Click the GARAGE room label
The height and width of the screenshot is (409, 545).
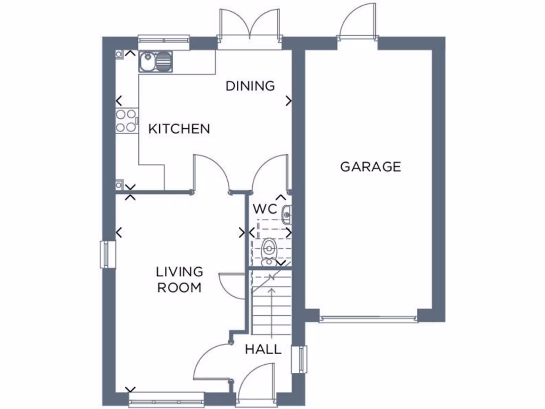(370, 167)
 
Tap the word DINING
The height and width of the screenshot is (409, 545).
(250, 86)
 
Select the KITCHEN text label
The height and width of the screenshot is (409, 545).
(179, 129)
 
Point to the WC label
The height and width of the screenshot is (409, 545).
(265, 209)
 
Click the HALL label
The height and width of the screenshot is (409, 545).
(263, 350)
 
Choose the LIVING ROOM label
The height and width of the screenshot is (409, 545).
(179, 280)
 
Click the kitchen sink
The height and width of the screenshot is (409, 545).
(155, 62)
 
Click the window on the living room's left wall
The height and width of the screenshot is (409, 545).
(108, 254)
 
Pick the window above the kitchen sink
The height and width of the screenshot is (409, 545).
(164, 39)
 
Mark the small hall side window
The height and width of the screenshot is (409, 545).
(302, 359)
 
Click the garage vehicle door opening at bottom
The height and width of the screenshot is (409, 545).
(368, 319)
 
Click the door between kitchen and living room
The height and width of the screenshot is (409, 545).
(211, 173)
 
